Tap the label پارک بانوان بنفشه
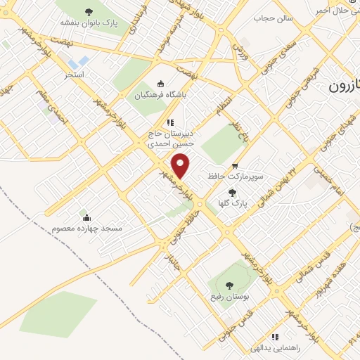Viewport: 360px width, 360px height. click(x=89, y=22)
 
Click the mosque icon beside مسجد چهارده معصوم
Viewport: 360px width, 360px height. click(x=86, y=217)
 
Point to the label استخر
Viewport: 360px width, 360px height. click(x=75, y=74)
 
